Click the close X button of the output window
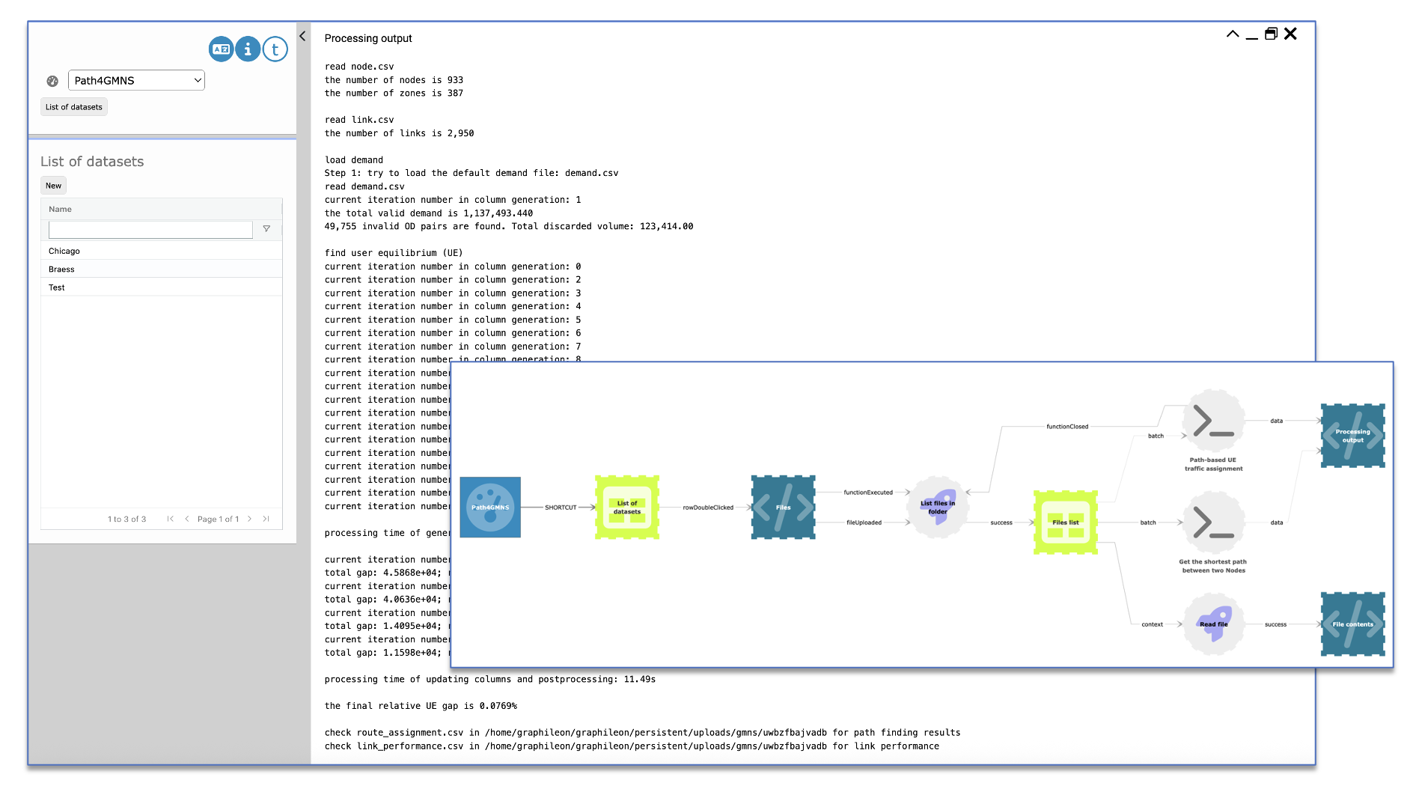pyautogui.click(x=1290, y=34)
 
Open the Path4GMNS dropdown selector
pyautogui.click(x=136, y=80)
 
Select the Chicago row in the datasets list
pyautogui.click(x=64, y=251)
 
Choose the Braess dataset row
pyautogui.click(x=61, y=269)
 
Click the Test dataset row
pyautogui.click(x=57, y=287)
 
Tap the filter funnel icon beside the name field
pyautogui.click(x=266, y=229)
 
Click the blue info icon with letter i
pyautogui.click(x=248, y=49)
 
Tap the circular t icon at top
pyautogui.click(x=275, y=49)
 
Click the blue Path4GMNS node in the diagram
pyautogui.click(x=490, y=507)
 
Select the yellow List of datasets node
pyautogui.click(x=627, y=507)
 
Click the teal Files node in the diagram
pyautogui.click(x=783, y=507)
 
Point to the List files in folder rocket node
pyautogui.click(x=938, y=507)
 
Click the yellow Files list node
pyautogui.click(x=1065, y=522)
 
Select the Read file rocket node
pyautogui.click(x=1213, y=624)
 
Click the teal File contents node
pyautogui.click(x=1352, y=624)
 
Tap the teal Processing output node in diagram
pyautogui.click(x=1352, y=435)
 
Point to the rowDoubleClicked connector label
pyautogui.click(x=708, y=508)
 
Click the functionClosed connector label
pyautogui.click(x=1067, y=427)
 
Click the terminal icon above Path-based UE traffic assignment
pyautogui.click(x=1213, y=421)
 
